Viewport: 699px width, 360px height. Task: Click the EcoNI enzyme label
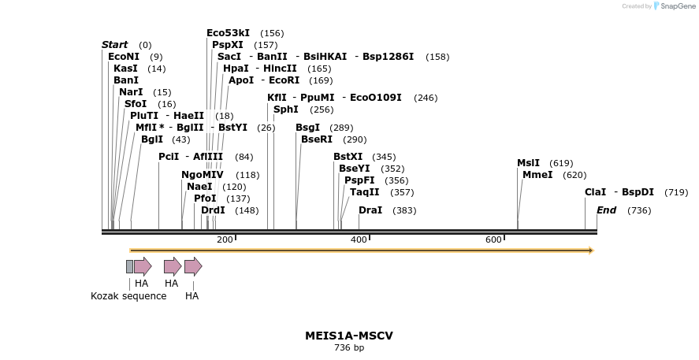coord(124,57)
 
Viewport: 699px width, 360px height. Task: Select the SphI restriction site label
coord(286,109)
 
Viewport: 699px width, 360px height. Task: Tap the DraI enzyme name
coord(370,210)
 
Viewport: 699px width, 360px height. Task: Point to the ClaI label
coord(595,192)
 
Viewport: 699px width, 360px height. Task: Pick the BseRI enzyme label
coord(317,139)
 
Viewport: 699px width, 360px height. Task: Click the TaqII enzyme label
coord(365,192)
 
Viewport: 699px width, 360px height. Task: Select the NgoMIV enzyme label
coord(203,175)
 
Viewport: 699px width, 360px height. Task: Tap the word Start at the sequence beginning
coord(115,45)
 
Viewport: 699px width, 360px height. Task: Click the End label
coord(606,210)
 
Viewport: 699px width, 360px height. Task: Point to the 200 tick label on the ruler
coord(225,239)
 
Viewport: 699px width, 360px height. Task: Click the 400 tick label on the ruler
coord(359,239)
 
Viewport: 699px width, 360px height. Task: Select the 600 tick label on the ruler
coord(493,239)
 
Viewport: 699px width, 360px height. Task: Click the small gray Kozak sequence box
coord(129,266)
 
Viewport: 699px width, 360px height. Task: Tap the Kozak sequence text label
coord(128,296)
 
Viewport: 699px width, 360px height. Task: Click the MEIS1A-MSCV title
coord(349,336)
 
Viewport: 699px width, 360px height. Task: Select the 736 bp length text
coord(349,347)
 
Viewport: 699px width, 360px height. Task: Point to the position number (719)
coord(676,192)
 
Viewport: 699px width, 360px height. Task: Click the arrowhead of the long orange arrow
coord(590,251)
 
